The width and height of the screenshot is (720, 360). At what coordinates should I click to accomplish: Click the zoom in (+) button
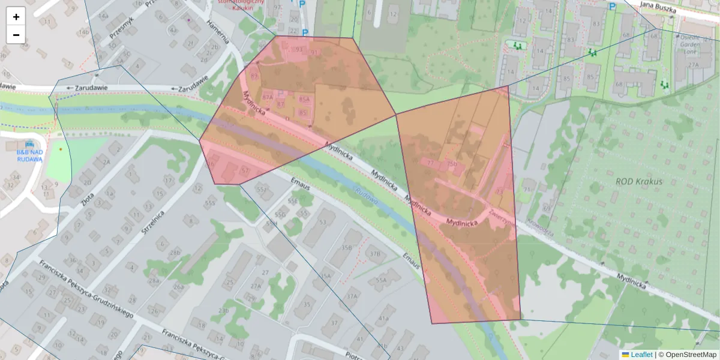pos(16,17)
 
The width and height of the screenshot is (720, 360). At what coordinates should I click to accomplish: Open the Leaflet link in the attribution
pos(641,355)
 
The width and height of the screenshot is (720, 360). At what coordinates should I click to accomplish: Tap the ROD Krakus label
pos(639,181)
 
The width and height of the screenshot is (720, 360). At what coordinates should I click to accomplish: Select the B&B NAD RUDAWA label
pos(29,155)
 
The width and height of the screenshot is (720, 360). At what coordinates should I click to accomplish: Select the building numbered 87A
pos(268,97)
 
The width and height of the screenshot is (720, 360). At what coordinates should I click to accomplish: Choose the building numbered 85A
pos(304,99)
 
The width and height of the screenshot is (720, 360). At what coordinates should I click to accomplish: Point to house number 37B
pos(375,254)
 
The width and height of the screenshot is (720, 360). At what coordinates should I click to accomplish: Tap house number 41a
pos(384,318)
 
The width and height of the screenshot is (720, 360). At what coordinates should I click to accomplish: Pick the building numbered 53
pos(323,223)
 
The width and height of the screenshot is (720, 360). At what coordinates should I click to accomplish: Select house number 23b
pos(223,310)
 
